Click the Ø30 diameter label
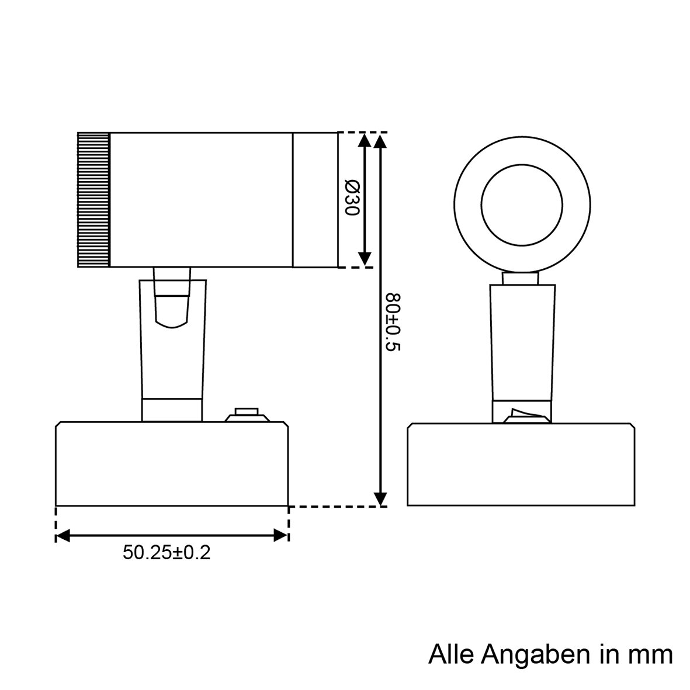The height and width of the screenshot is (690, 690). coord(351,198)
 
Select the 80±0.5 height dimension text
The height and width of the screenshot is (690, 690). coord(393,322)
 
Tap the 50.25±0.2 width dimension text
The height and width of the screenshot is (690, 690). coord(167,552)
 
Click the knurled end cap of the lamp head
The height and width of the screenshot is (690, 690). coord(94,200)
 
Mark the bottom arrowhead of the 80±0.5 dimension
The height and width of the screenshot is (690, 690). coord(380,498)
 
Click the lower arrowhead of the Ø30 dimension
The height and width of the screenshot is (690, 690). coord(365,259)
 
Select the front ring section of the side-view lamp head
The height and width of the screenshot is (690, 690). coord(315,200)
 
